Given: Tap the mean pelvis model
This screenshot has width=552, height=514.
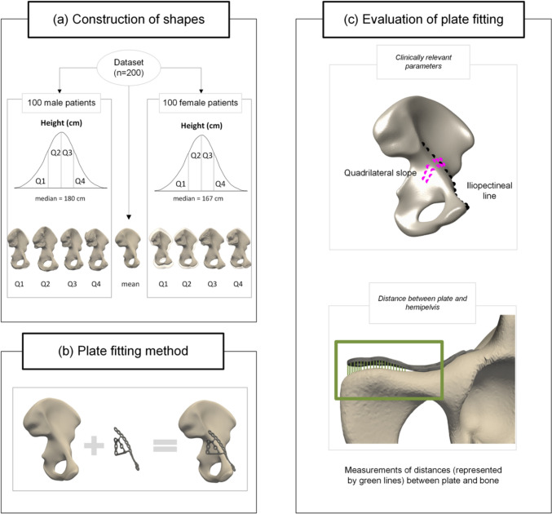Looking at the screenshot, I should point(131,249).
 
